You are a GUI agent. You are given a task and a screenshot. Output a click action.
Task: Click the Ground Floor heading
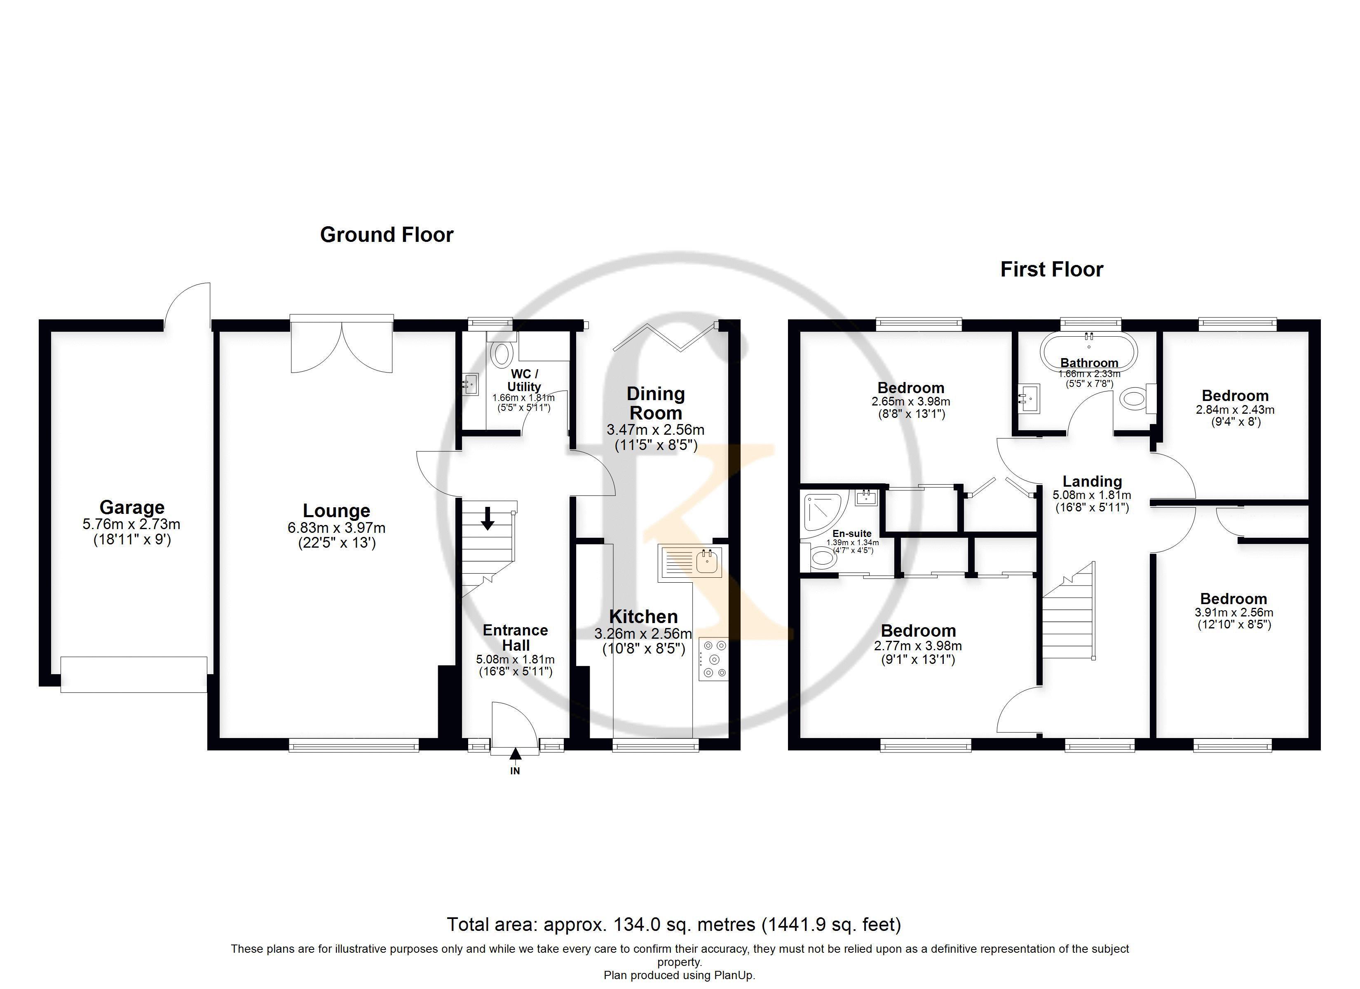coord(387,234)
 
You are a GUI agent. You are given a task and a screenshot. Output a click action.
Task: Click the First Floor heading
coord(1052,269)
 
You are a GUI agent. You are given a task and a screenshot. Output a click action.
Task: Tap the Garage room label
coord(132,507)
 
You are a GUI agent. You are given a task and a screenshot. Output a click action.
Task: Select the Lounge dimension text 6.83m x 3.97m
coord(336,528)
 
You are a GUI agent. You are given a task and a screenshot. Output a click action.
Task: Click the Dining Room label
coord(655,403)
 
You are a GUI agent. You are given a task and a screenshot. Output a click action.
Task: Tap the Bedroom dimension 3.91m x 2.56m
coord(1234,613)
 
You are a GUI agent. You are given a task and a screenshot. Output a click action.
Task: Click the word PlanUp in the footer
coord(735,975)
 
